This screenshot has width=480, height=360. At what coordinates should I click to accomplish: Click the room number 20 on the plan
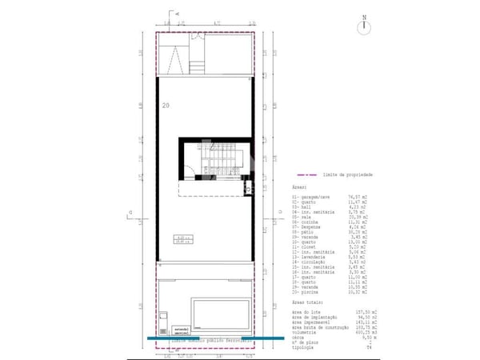(166, 105)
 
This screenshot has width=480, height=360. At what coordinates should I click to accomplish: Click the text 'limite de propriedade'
(349, 174)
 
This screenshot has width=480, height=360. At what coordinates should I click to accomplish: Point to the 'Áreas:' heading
(299, 187)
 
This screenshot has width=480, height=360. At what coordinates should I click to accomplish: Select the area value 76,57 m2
(359, 195)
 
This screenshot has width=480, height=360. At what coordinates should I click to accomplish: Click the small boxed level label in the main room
(183, 238)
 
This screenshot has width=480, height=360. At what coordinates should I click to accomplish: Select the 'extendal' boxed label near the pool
(181, 328)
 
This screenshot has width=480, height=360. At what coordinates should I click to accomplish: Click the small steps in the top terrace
(197, 66)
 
